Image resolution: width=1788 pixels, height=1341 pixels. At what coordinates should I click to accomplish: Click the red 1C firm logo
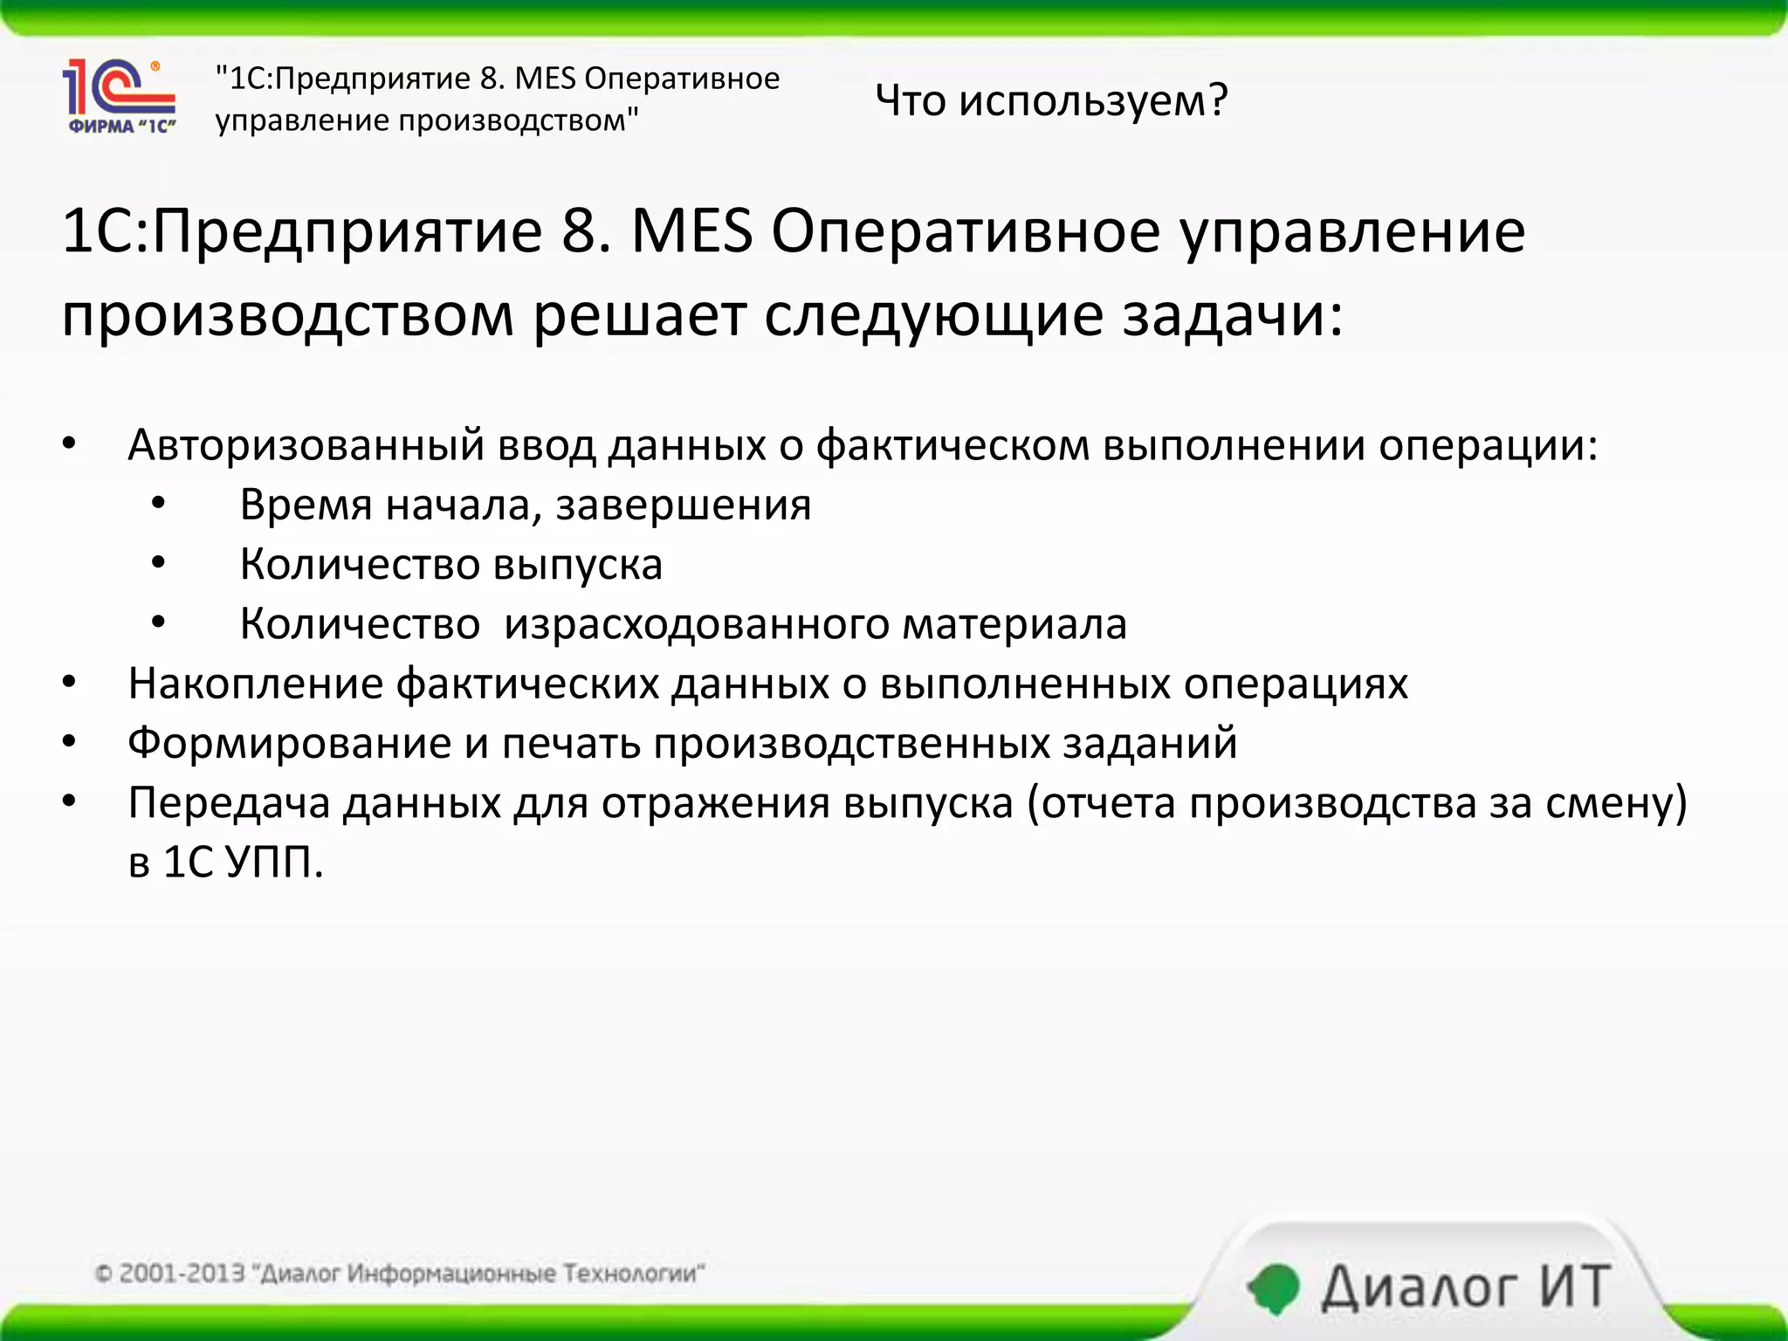click(120, 95)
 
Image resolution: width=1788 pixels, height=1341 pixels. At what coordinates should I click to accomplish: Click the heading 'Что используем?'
click(1051, 100)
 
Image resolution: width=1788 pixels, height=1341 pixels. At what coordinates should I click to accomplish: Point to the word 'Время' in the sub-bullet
click(306, 505)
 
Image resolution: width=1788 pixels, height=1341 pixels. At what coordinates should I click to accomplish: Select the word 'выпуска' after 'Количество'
click(577, 565)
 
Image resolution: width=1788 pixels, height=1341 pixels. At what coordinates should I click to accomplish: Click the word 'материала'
click(1014, 624)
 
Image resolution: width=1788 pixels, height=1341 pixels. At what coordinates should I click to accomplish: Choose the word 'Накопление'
click(255, 684)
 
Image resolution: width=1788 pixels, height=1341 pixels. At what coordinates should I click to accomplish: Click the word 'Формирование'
click(289, 743)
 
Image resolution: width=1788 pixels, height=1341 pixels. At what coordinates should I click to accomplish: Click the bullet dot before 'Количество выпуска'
click(158, 563)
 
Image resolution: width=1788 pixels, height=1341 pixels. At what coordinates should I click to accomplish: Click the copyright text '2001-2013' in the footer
click(182, 1273)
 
